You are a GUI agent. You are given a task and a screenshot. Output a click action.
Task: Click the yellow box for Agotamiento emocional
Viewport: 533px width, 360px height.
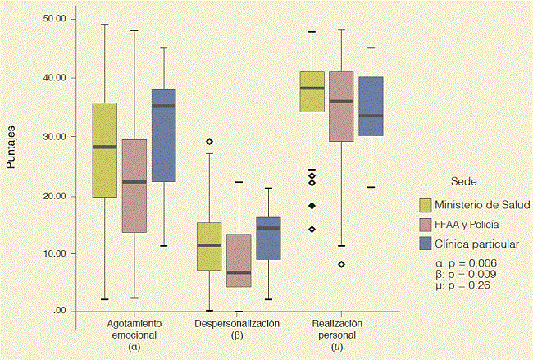[x=104, y=149]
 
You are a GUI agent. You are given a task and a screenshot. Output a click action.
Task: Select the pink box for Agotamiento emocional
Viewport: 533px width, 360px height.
[x=134, y=185]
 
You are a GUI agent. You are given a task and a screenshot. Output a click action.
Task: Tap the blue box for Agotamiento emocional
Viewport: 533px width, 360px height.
[x=164, y=135]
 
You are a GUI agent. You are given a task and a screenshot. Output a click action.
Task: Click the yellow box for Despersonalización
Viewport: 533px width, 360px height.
[x=209, y=246]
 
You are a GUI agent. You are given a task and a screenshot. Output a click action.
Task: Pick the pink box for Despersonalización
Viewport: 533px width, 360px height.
[x=239, y=261]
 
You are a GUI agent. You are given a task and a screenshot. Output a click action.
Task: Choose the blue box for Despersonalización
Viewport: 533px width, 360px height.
[x=268, y=238]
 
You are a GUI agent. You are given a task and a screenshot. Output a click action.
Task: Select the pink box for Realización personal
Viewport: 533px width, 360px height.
[x=341, y=107]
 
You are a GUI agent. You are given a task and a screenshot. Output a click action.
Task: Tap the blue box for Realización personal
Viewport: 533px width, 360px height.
[x=371, y=107]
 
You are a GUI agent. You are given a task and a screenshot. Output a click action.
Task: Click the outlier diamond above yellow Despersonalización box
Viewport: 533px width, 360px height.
[x=209, y=142]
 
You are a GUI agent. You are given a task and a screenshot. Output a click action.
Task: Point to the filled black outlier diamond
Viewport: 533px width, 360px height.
[x=312, y=205]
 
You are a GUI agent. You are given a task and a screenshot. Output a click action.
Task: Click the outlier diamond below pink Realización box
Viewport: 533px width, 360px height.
[x=341, y=264]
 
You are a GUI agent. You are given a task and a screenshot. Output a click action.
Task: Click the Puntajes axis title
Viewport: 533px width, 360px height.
[x=11, y=150]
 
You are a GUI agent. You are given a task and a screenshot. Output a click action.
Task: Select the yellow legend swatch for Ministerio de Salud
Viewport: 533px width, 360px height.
[x=426, y=204]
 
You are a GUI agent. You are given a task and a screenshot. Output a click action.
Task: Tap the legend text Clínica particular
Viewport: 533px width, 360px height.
[x=476, y=244]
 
